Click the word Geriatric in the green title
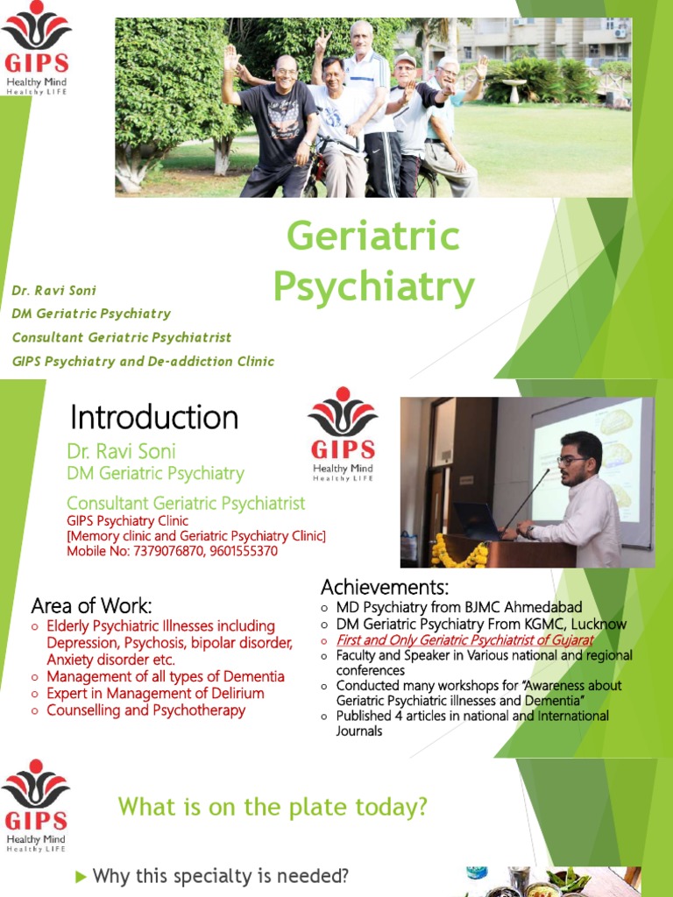pos(372,237)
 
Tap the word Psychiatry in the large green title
pos(373,286)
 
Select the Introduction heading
pos(153,417)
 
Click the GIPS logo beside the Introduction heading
pos(343,434)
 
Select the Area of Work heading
pos(91,605)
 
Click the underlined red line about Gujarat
pos(464,639)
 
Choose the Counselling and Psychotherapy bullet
pos(145,710)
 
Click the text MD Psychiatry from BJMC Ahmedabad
pos(459,607)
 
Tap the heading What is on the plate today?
pos(273,806)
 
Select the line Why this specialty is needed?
pos(221,876)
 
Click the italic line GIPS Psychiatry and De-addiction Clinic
pos(143,361)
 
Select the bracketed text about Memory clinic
pos(196,536)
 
